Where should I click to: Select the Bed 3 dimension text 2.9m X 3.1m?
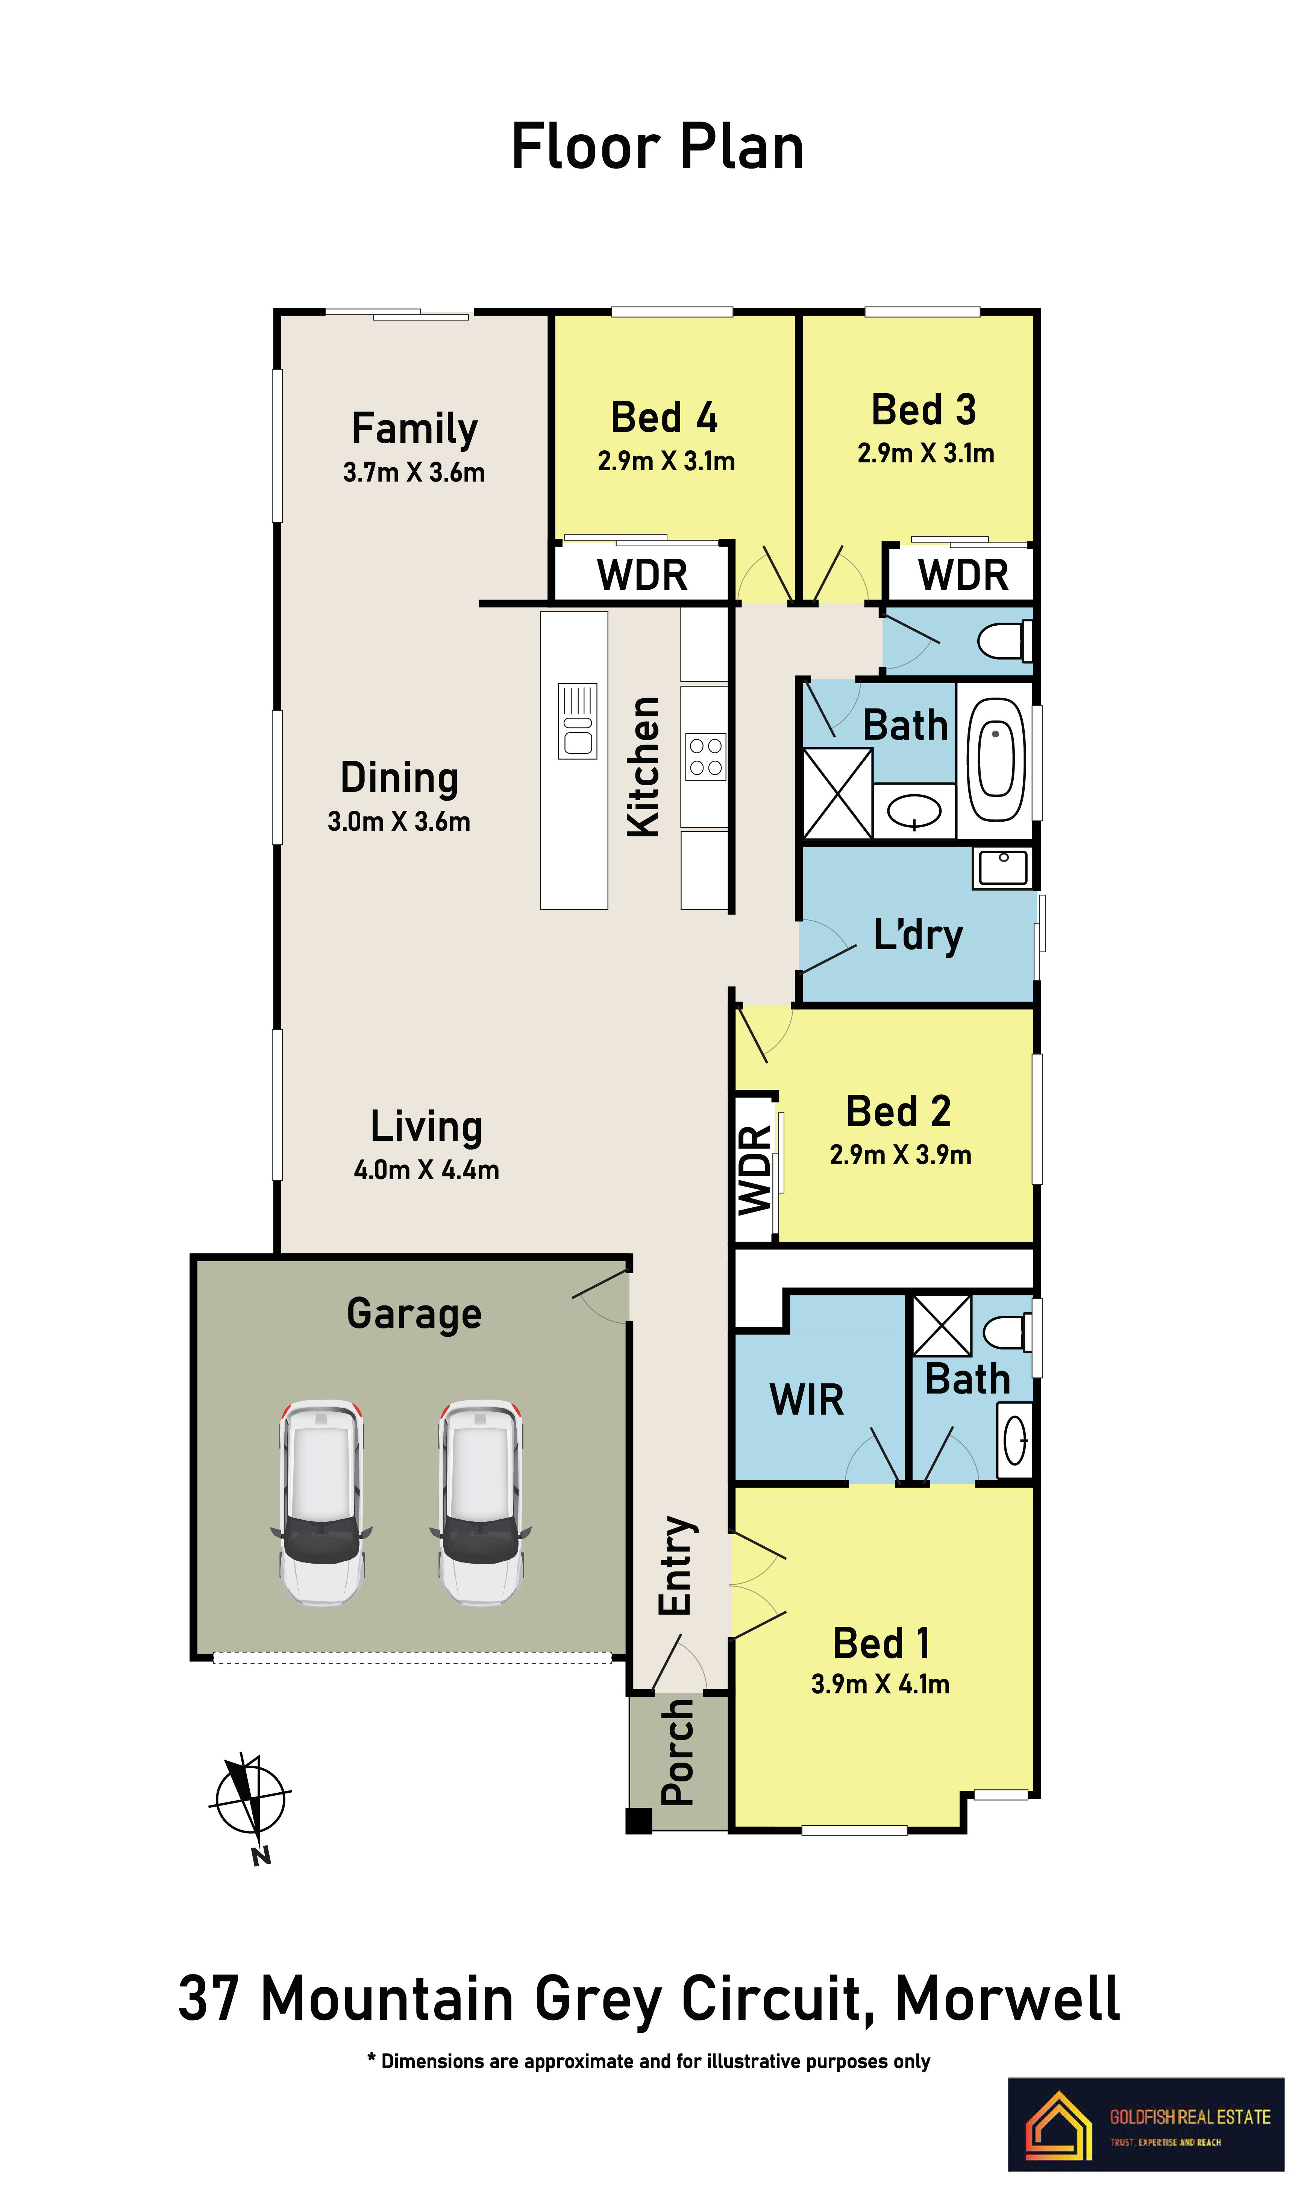pyautogui.click(x=925, y=453)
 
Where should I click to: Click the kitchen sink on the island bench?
pyautogui.click(x=577, y=721)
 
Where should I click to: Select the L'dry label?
pyautogui.click(x=918, y=935)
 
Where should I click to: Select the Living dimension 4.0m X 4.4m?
pyautogui.click(x=426, y=1170)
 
